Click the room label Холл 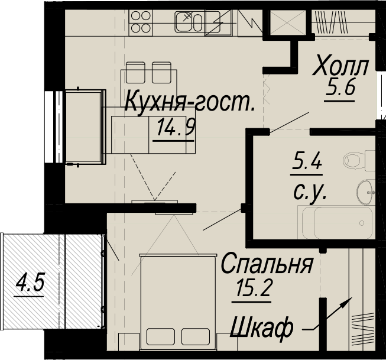click(x=340, y=65)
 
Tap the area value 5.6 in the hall click(x=340, y=89)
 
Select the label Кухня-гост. click(x=190, y=102)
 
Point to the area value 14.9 click(x=176, y=127)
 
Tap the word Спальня click(x=267, y=263)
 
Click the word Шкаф click(x=262, y=328)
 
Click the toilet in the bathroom click(x=359, y=161)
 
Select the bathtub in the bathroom click(x=337, y=223)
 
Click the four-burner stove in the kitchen click(x=141, y=22)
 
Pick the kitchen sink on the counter click(x=189, y=22)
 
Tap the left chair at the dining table click(x=135, y=72)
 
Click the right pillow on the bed click(x=196, y=336)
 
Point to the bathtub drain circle click(x=362, y=223)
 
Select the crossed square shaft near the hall click(x=288, y=22)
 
